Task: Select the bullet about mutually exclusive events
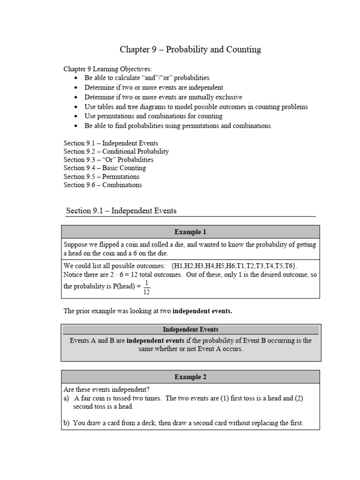point(163,97)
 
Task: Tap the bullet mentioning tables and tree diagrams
point(196,106)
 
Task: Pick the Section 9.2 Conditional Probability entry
point(116,151)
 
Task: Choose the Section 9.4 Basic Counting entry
point(105,168)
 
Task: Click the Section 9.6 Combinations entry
point(103,185)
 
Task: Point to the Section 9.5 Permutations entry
point(101,176)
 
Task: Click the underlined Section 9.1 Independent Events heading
point(121,211)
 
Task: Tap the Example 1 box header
point(190,232)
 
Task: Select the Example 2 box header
point(190,376)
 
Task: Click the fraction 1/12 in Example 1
point(147,287)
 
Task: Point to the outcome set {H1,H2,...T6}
point(234,265)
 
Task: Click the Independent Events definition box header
point(190,330)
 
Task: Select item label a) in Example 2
point(66,398)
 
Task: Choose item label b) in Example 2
point(66,423)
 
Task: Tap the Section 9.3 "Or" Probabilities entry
point(108,160)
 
